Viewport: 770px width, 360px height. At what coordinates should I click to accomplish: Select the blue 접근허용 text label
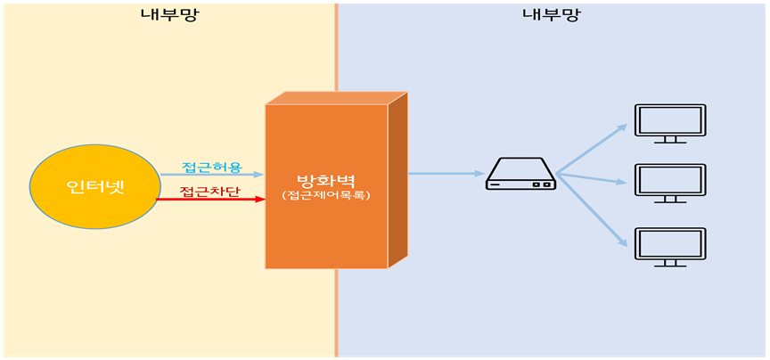(211, 167)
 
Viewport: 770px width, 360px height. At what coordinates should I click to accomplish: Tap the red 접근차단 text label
(211, 191)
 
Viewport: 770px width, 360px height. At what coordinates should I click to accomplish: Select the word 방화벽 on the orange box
(325, 177)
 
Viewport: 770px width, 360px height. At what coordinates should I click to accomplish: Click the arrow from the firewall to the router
(446, 174)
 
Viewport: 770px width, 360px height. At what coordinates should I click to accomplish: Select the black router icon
(520, 174)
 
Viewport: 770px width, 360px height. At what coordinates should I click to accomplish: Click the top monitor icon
(669, 123)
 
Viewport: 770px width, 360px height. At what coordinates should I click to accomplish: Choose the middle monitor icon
(669, 183)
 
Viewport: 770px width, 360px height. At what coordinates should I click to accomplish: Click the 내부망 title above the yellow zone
(168, 14)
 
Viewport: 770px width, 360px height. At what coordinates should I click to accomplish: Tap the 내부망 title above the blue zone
(550, 14)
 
